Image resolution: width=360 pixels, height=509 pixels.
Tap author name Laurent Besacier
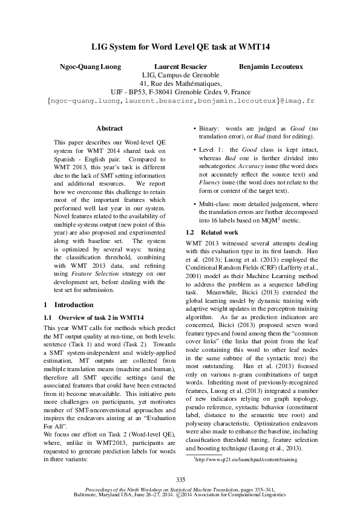pyautogui.click(x=181, y=66)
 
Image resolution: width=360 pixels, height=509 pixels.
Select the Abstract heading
pyautogui.click(x=110, y=128)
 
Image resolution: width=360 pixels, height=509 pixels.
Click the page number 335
pyautogui.click(x=180, y=478)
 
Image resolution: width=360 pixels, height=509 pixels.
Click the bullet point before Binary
pyautogui.click(x=194, y=129)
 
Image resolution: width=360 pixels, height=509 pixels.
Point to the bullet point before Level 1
pyautogui.click(x=194, y=149)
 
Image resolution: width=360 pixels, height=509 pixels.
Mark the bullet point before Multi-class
pyautogui.click(x=194, y=204)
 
